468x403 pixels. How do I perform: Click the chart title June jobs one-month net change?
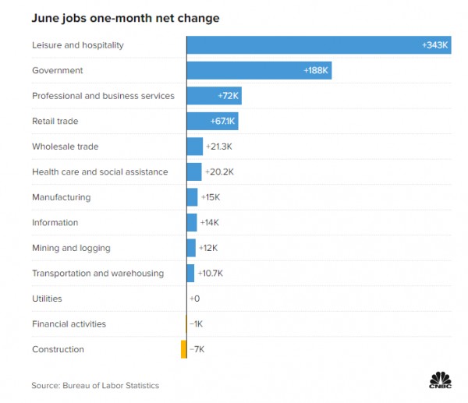click(x=125, y=17)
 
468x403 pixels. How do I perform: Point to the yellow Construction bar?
click(x=184, y=349)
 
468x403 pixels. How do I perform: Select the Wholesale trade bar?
click(x=195, y=147)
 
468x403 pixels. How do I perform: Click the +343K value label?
click(x=435, y=45)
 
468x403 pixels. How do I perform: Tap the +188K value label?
click(x=317, y=71)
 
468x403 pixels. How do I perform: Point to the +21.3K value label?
click(x=219, y=147)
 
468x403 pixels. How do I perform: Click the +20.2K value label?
click(x=219, y=171)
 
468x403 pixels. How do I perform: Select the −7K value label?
click(x=197, y=349)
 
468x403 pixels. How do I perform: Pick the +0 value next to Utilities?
click(x=194, y=299)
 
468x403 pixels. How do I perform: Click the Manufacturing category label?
click(x=61, y=197)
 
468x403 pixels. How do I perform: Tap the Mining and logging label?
click(x=71, y=248)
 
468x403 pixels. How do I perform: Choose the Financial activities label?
click(x=69, y=323)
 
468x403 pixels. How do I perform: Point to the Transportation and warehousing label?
click(x=97, y=273)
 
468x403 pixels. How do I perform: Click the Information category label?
click(x=55, y=222)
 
